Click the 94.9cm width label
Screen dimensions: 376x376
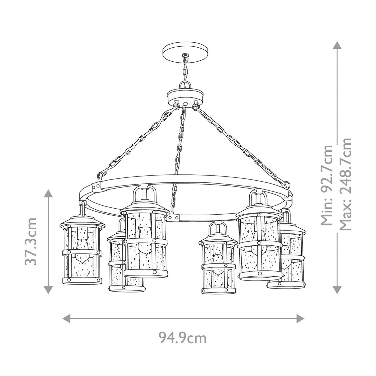tap(183, 338)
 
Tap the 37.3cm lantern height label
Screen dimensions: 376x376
tap(31, 241)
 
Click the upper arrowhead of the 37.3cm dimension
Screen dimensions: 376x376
tap(48, 194)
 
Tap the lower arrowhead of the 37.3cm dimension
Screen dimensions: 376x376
tap(48, 290)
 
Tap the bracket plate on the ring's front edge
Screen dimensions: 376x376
tap(174, 217)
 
